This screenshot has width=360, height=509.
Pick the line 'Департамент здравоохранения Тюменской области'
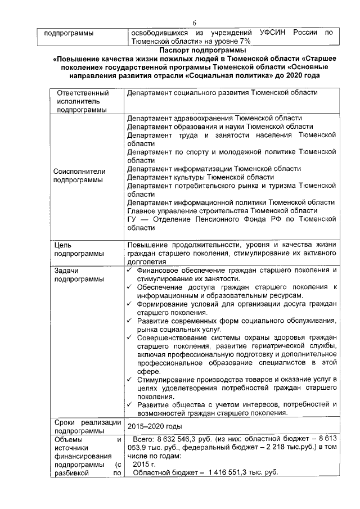tap(214, 118)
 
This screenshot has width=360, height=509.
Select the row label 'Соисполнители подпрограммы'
tap(79, 175)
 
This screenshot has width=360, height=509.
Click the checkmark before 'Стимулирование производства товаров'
tap(130, 380)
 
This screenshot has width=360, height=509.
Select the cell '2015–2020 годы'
tap(154, 426)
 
